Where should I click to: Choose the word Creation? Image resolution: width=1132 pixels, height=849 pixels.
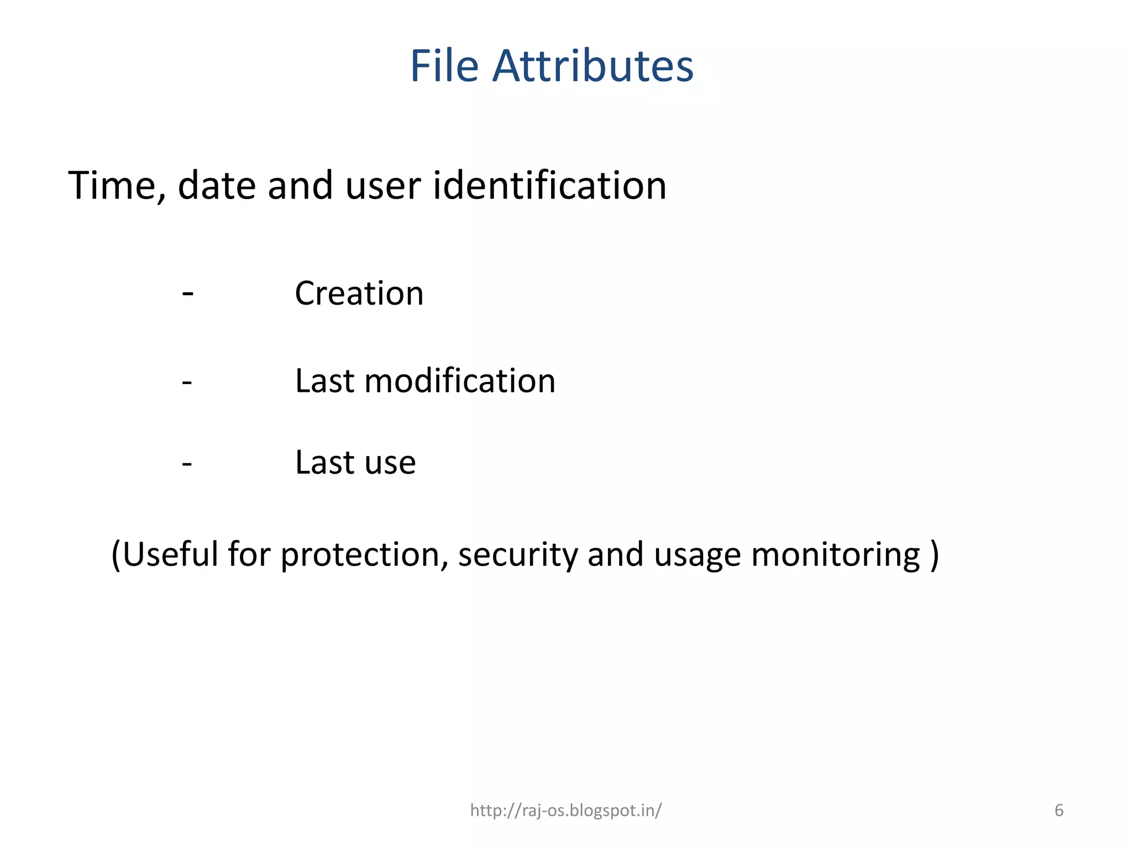[x=359, y=293]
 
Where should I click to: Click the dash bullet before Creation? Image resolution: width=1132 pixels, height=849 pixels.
[x=187, y=293]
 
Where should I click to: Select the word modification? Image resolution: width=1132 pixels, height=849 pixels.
[x=460, y=381]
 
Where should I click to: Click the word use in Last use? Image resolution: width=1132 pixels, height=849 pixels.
[x=390, y=463]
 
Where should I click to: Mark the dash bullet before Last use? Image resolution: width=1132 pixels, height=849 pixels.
[x=187, y=463]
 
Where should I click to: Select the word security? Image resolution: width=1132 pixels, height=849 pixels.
[x=518, y=555]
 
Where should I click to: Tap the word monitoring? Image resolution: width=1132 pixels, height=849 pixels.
[x=836, y=555]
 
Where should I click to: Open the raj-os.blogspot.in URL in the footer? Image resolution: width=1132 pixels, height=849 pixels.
[x=565, y=810]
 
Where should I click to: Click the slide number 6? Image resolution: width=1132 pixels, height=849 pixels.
[x=1059, y=810]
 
